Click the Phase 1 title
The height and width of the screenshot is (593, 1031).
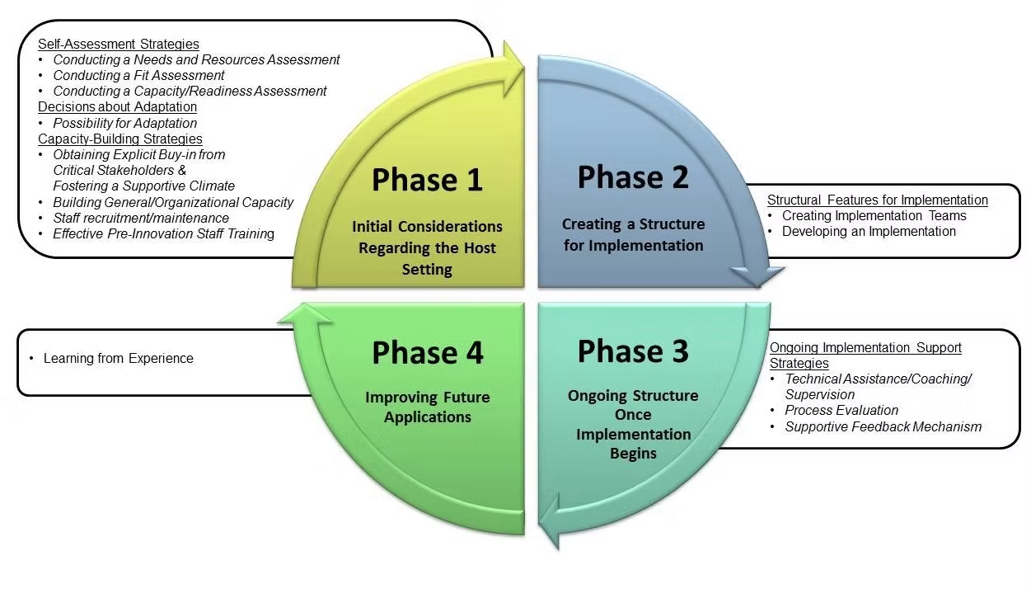pyautogui.click(x=427, y=181)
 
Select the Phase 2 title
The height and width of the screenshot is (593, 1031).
pyautogui.click(x=632, y=177)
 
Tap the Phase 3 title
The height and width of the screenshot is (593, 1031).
pyautogui.click(x=632, y=351)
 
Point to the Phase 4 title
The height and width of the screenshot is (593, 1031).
pyautogui.click(x=427, y=353)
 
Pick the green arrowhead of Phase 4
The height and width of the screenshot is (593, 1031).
pyautogui.click(x=304, y=313)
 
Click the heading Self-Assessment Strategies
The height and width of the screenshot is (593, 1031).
pyautogui.click(x=119, y=44)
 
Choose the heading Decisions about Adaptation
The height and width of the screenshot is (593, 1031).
pyautogui.click(x=117, y=106)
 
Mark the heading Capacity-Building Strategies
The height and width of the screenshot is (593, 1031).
pyautogui.click(x=120, y=139)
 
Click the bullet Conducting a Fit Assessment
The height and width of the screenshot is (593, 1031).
pyautogui.click(x=138, y=75)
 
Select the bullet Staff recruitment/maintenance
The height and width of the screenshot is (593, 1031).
pyautogui.click(x=141, y=218)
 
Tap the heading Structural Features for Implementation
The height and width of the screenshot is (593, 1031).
pyautogui.click(x=877, y=200)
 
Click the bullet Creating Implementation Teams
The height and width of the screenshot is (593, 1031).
pyautogui.click(x=874, y=215)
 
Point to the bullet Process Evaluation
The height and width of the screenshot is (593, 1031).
pyautogui.click(x=841, y=410)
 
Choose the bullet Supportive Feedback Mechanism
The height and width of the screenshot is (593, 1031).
pyautogui.click(x=883, y=426)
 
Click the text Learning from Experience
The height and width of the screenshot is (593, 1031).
pyautogui.click(x=119, y=358)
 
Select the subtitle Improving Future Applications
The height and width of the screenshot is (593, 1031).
pyautogui.click(x=427, y=407)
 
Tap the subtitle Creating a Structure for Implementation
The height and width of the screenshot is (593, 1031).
pyautogui.click(x=633, y=234)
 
